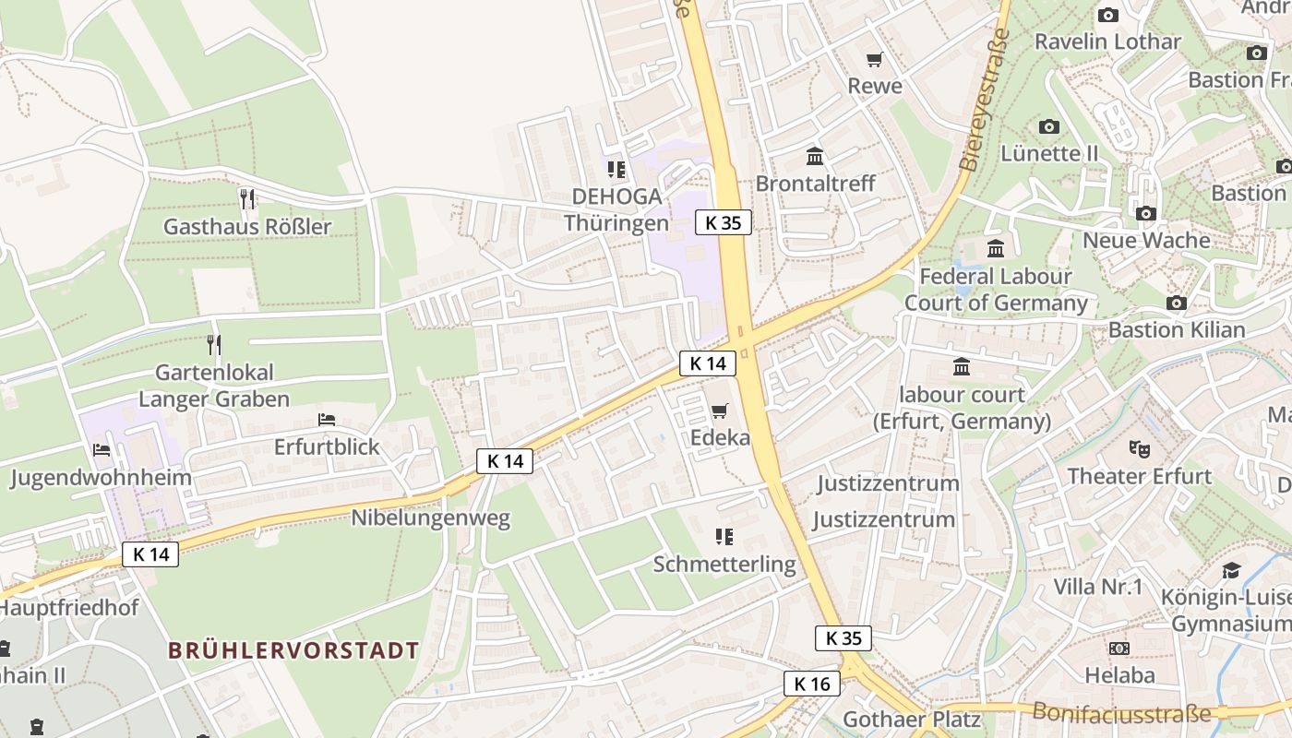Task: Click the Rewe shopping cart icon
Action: tap(874, 60)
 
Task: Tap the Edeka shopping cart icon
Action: tap(720, 411)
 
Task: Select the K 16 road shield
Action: tap(812, 684)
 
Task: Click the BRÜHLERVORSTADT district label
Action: tap(293, 649)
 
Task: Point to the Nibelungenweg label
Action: tap(430, 518)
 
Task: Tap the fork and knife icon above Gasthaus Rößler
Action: tap(246, 197)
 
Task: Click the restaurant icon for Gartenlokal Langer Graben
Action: tap(214, 344)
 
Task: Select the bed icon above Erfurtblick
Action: tap(327, 419)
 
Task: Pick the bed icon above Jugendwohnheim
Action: tap(102, 449)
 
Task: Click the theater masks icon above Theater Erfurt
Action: tap(1140, 449)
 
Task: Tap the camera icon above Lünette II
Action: tap(1049, 126)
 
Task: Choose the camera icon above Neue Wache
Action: tap(1146, 213)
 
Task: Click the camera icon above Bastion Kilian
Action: tap(1176, 303)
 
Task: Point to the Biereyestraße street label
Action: tap(985, 100)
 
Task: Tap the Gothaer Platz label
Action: tap(912, 719)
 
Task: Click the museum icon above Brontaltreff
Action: tap(814, 156)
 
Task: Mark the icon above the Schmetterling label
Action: tap(724, 536)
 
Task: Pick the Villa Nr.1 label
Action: tap(1098, 587)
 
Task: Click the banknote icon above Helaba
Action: tap(1119, 649)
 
